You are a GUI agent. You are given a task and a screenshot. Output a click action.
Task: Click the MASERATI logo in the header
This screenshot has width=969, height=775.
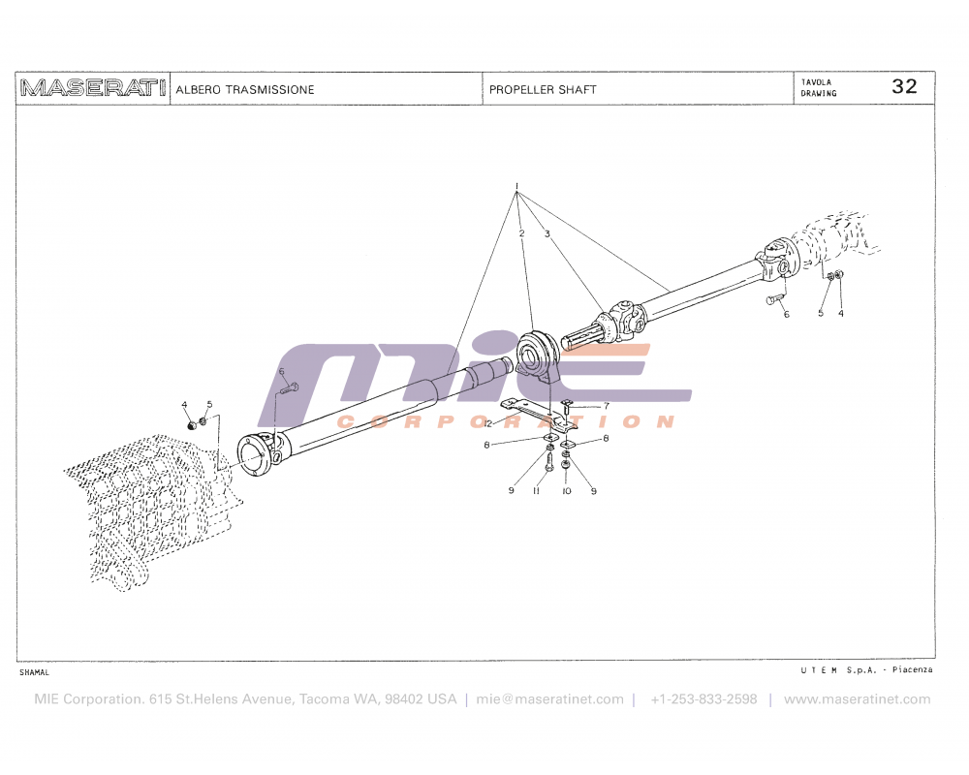point(92,88)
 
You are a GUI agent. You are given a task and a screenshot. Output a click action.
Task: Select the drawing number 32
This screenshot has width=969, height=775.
point(904,86)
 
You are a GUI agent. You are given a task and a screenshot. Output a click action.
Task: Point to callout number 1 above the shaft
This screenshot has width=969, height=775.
point(517,185)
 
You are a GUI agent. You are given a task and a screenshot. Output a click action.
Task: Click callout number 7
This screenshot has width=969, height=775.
point(607,406)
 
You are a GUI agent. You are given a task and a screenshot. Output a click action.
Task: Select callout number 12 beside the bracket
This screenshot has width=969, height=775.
point(488,424)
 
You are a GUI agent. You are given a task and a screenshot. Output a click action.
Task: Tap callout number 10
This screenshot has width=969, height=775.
point(567,491)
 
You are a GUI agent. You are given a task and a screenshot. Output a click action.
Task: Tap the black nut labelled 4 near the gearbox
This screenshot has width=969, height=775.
point(190,423)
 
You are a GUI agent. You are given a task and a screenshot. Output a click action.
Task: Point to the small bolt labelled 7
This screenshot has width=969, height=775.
point(568,405)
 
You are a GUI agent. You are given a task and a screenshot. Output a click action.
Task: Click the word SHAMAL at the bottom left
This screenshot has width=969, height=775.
point(34,672)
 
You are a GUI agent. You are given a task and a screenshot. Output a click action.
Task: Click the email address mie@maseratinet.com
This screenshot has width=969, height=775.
point(549,699)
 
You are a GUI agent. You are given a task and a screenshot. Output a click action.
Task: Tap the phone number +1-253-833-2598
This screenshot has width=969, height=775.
point(703,699)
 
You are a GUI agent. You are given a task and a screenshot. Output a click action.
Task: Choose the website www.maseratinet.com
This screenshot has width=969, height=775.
point(857,699)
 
